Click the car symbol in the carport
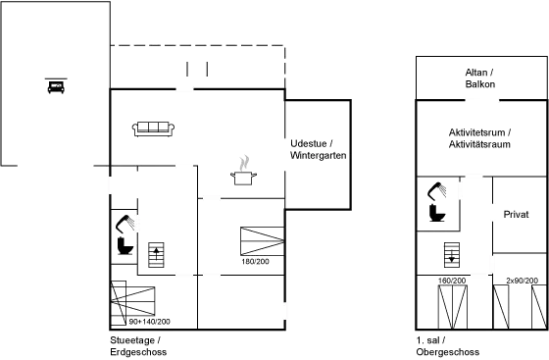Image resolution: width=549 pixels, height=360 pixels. (x=56, y=85)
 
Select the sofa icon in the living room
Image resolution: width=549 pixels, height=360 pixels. (x=153, y=129)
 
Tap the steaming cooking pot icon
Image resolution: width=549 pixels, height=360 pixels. (x=244, y=171)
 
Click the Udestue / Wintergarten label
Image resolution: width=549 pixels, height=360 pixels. (x=318, y=149)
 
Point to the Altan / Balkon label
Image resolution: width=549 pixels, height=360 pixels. (x=479, y=78)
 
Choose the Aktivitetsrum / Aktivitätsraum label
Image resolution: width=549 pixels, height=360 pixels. (x=479, y=138)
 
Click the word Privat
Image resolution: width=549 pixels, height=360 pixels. (x=516, y=214)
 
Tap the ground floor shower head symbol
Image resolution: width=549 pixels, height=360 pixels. (x=125, y=224)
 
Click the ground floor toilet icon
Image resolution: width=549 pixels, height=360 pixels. (x=125, y=246)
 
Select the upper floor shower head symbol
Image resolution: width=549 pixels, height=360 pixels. (x=436, y=191)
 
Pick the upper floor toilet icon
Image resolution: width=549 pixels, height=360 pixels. (x=437, y=213)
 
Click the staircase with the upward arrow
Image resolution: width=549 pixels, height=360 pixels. (x=156, y=255)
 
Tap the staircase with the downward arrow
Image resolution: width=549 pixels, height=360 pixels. (x=452, y=255)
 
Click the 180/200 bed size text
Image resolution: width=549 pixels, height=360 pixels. (x=255, y=262)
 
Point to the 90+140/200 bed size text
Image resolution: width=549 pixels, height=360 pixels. (x=149, y=322)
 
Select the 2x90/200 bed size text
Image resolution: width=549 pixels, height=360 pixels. (x=522, y=281)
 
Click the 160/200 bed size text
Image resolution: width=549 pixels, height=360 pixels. (x=452, y=281)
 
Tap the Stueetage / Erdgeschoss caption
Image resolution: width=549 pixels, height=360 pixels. (x=138, y=346)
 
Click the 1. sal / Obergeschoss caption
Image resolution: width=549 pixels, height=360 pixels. (x=448, y=346)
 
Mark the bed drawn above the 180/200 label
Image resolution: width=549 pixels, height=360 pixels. (x=263, y=241)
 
